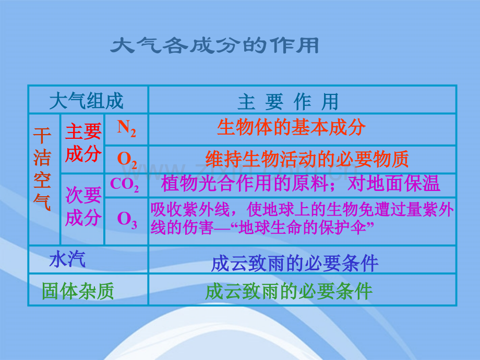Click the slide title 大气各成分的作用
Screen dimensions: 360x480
point(214,46)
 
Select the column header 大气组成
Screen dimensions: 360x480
point(87,101)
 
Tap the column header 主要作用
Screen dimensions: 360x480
point(288,102)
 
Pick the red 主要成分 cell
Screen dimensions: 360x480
point(83,142)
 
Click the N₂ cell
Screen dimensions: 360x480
point(126,128)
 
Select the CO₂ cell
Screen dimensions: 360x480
point(125,185)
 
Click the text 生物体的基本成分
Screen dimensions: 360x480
point(291,128)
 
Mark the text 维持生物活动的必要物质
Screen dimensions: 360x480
point(307,159)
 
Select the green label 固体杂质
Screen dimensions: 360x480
point(78,291)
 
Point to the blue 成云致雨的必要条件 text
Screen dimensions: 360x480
point(295,263)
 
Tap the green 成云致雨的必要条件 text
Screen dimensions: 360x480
point(289,291)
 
